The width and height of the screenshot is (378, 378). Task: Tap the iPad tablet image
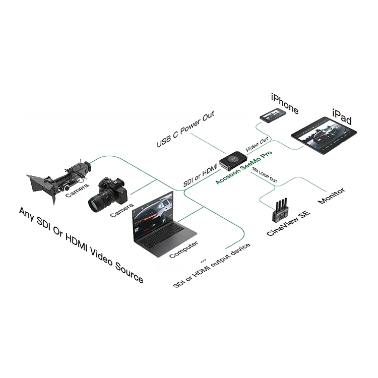click(324, 135)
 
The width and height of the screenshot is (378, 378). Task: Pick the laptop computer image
click(162, 224)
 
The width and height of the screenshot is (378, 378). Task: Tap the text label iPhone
click(285, 103)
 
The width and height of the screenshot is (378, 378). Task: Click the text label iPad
click(342, 117)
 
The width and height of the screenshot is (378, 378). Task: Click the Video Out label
click(257, 144)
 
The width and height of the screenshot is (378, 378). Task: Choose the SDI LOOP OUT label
click(265, 175)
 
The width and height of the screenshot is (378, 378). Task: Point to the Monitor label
click(332, 196)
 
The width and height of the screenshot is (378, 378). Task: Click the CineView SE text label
click(288, 223)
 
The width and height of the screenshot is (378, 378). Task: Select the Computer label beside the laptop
click(183, 249)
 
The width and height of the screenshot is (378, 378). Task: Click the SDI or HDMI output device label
click(212, 265)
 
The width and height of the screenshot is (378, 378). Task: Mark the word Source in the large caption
click(129, 273)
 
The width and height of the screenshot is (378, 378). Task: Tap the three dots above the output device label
click(204, 261)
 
